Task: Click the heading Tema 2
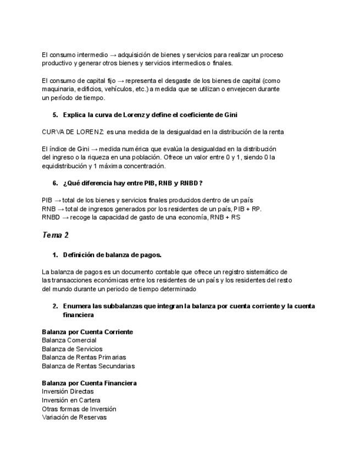point(55,235)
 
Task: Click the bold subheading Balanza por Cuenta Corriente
point(87,332)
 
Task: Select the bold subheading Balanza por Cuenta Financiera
point(89,383)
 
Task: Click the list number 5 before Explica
point(55,115)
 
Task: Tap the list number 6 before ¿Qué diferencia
point(55,183)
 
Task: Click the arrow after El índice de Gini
point(95,149)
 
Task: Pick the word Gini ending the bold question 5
point(231,115)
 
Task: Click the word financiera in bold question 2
point(78,315)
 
